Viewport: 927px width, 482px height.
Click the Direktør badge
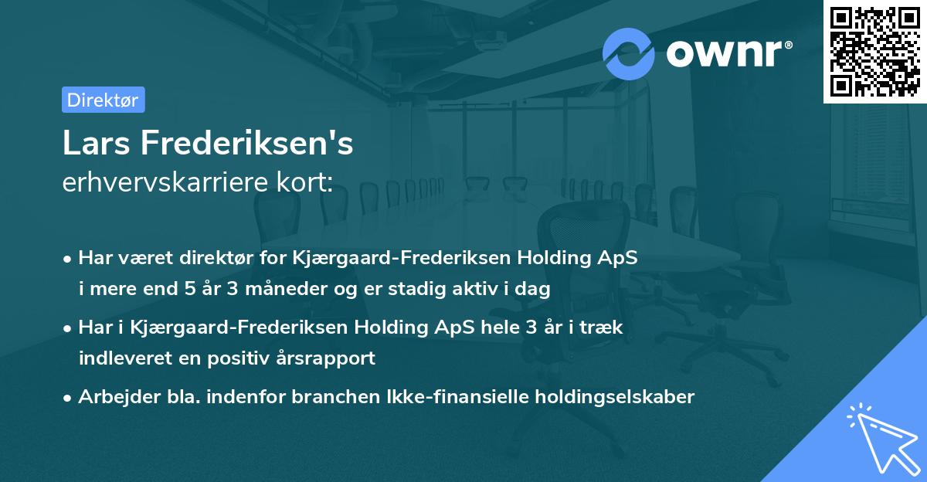pyautogui.click(x=103, y=100)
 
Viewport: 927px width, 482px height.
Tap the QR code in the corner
pyautogui.click(x=874, y=51)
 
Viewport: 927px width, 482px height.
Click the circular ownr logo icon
pyautogui.click(x=629, y=54)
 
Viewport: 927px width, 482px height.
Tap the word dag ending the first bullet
pyautogui.click(x=534, y=290)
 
